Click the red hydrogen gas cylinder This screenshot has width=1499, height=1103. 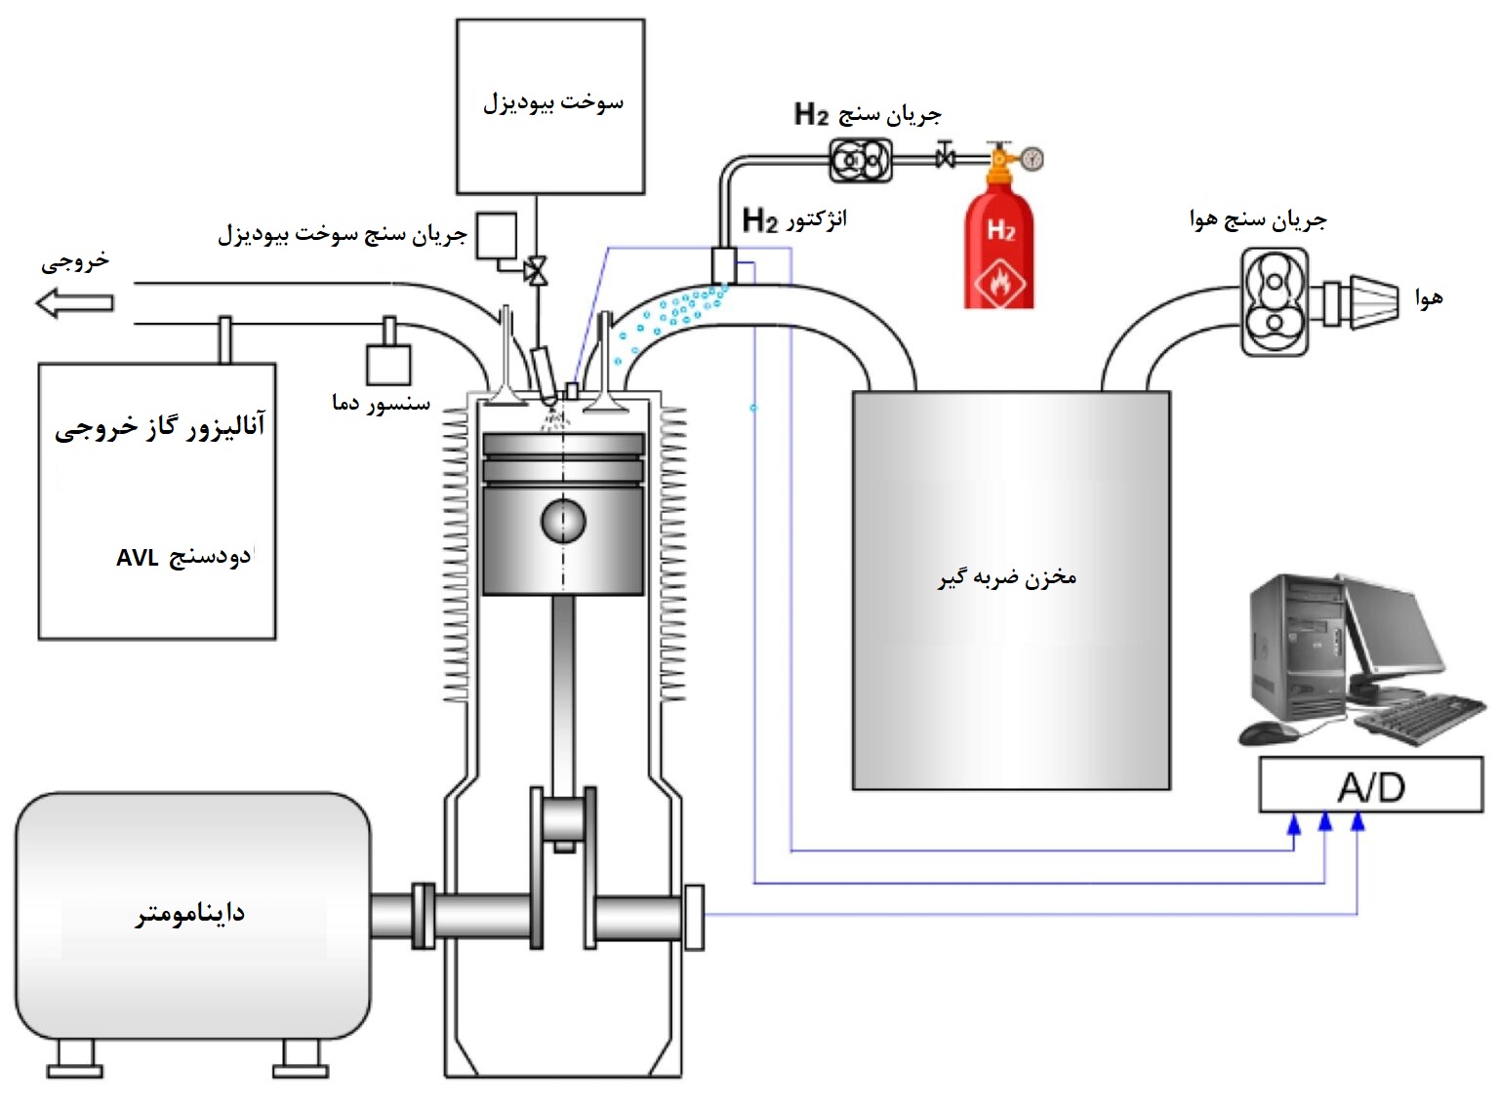998,244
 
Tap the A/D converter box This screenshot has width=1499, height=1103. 1370,786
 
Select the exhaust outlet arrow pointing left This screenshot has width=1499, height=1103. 74,303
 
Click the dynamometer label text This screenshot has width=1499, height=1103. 190,914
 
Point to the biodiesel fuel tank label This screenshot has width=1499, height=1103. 552,102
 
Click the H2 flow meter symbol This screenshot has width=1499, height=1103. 860,159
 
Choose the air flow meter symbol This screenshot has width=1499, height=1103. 1275,301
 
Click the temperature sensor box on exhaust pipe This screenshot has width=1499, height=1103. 387,364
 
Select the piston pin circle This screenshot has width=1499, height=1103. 563,521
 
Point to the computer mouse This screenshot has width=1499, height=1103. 1268,732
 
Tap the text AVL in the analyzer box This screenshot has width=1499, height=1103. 137,558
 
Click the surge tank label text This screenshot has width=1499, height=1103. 1007,577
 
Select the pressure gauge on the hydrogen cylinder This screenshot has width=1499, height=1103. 1032,158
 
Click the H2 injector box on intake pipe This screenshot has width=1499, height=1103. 723,264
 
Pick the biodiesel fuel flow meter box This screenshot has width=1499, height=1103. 496,236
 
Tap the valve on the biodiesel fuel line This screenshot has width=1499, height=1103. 535,270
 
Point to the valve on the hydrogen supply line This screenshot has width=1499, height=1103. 945,157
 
